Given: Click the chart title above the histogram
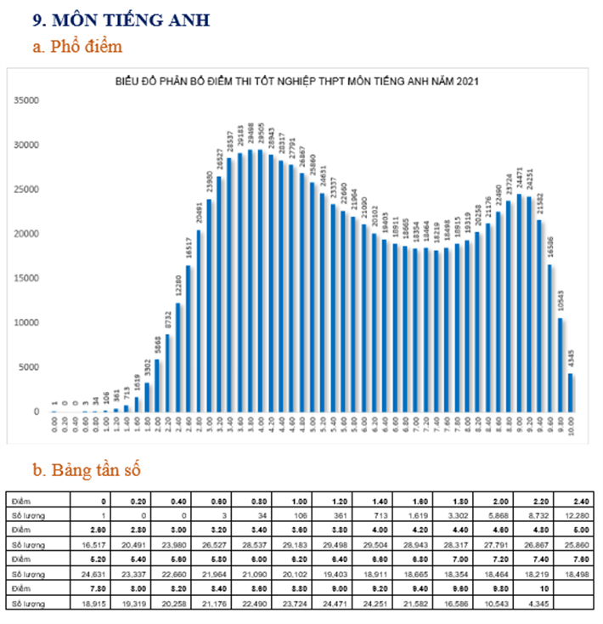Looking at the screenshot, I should (298, 81).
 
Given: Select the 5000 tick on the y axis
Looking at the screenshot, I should (30, 367).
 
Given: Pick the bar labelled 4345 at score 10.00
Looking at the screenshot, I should (571, 393).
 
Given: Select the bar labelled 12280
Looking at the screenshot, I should (179, 357).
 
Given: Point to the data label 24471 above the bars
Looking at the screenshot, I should (519, 179).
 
